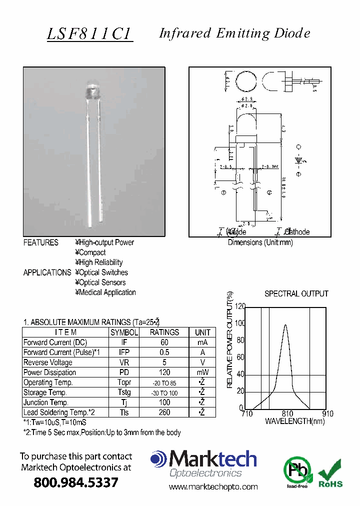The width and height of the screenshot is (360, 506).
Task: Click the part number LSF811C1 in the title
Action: pos(89,33)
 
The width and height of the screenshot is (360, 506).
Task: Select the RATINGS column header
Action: pos(164,332)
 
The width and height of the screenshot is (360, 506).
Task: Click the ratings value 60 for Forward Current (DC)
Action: pos(164,342)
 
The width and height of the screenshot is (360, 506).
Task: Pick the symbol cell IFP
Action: pos(124,352)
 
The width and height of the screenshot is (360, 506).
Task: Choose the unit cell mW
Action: pos(202,372)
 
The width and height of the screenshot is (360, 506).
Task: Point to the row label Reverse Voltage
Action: pos(48,362)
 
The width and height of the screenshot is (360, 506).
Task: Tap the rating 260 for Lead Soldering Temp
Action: pos(164,412)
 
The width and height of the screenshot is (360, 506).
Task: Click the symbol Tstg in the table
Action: pos(124,392)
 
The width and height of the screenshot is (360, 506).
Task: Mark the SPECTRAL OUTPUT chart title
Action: pos(296,294)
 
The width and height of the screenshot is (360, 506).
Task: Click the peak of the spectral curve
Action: pos(285,325)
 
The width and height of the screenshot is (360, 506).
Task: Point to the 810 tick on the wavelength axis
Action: pos(287,414)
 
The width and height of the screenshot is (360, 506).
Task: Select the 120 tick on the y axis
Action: pos(240,306)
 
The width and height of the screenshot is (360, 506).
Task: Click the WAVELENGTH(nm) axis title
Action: pos(294,421)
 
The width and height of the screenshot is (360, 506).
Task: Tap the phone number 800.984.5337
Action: pos(76,482)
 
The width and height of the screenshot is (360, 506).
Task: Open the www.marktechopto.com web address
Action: pos(213,487)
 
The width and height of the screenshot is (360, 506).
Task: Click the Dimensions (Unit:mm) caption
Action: pos(260,242)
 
